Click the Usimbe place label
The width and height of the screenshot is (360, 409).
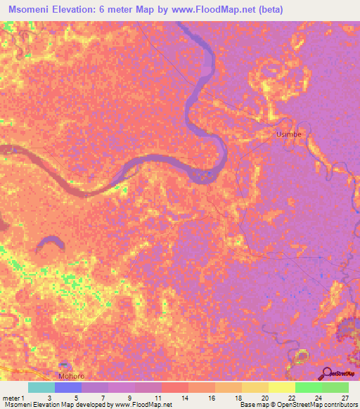click(288, 133)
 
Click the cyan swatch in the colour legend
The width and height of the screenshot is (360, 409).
click(41, 387)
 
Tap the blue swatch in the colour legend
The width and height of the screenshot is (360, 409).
click(68, 387)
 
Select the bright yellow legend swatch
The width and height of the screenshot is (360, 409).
click(282, 387)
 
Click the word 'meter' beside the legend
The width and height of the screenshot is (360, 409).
click(13, 397)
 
